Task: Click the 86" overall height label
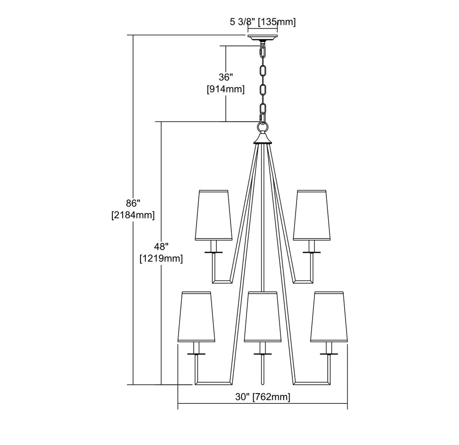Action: pyautogui.click(x=133, y=202)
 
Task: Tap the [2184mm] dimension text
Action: pyautogui.click(x=133, y=214)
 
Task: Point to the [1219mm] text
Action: pyautogui.click(x=161, y=258)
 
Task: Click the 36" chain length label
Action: pyautogui.click(x=225, y=78)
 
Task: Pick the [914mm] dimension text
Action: pyautogui.click(x=225, y=89)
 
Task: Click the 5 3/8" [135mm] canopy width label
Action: pyautogui.click(x=263, y=22)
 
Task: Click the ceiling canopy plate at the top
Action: pyautogui.click(x=263, y=37)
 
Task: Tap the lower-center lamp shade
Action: pyautogui.click(x=262, y=317)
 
